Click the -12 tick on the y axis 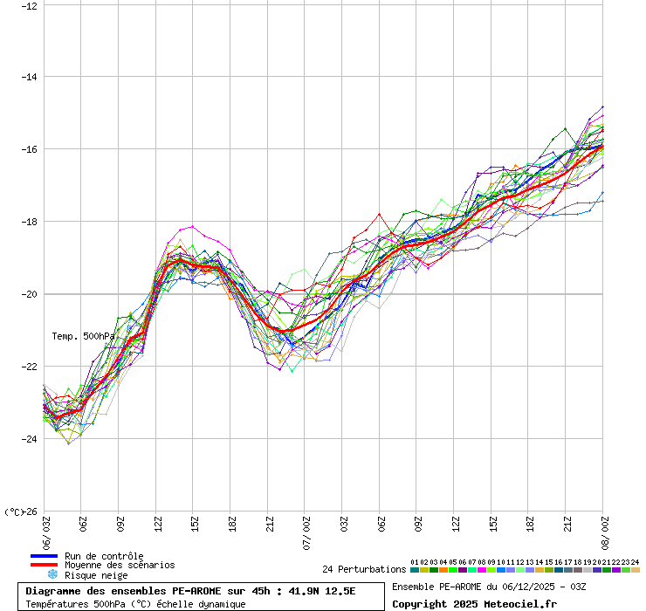click(29, 5)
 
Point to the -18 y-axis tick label click(29, 222)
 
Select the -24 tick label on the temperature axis click(29, 439)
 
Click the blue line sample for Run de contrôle click(44, 556)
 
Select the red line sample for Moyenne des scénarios click(44, 565)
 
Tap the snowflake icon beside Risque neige click(52, 574)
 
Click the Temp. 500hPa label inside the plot click(83, 336)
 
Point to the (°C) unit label click(15, 511)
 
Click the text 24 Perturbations click(363, 569)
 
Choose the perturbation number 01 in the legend click(415, 562)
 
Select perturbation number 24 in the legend click(635, 562)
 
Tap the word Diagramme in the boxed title click(55, 591)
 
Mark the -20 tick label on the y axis click(29, 294)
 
